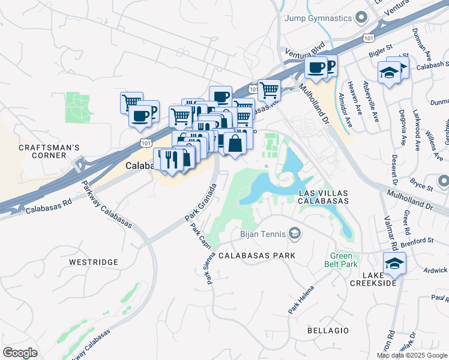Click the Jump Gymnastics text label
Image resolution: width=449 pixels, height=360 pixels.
pos(318,18)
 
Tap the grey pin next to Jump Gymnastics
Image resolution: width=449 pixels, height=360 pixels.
pos(361,18)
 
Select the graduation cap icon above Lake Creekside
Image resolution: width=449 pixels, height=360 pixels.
pos(394,263)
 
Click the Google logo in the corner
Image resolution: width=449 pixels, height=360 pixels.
pos(20,353)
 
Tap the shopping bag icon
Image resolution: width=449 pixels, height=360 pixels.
pos(235,143)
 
